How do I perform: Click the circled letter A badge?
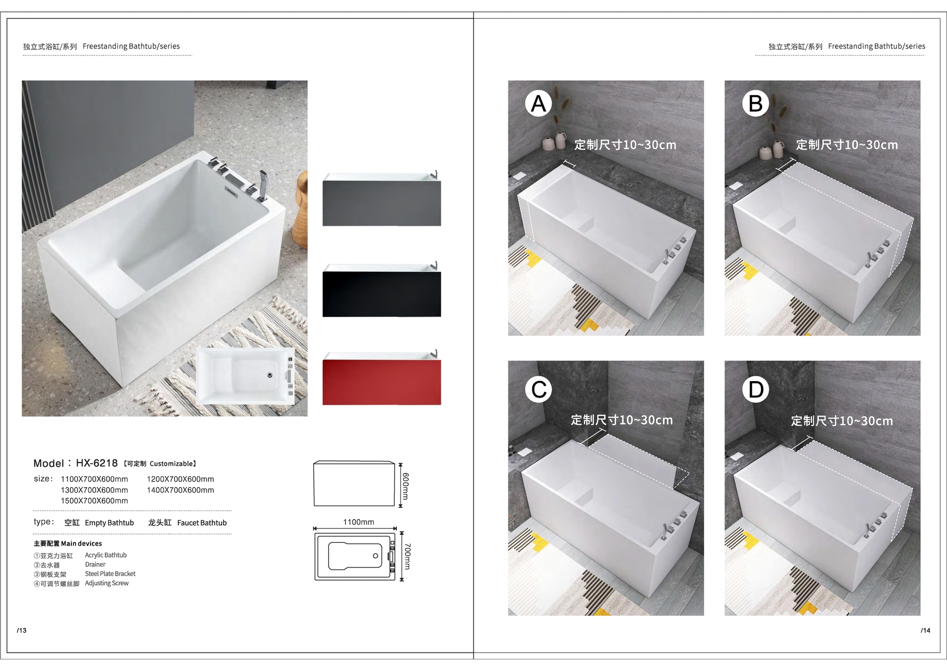(x=539, y=103)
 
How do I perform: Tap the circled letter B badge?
(x=756, y=103)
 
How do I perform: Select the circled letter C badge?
(x=539, y=389)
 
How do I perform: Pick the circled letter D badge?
(x=756, y=389)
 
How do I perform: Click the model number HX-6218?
(x=97, y=463)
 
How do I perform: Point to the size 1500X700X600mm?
(x=94, y=501)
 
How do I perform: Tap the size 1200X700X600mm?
(x=180, y=479)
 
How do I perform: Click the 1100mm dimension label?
(x=359, y=522)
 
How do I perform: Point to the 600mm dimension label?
(x=406, y=486)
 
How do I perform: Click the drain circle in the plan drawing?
(x=375, y=556)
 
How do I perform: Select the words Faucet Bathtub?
(x=202, y=523)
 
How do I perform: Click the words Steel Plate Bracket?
(x=110, y=574)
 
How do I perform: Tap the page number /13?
(x=22, y=630)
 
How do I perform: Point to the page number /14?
(x=925, y=630)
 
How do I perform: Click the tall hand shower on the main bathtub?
(x=263, y=185)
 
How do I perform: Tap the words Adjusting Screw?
(x=107, y=583)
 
